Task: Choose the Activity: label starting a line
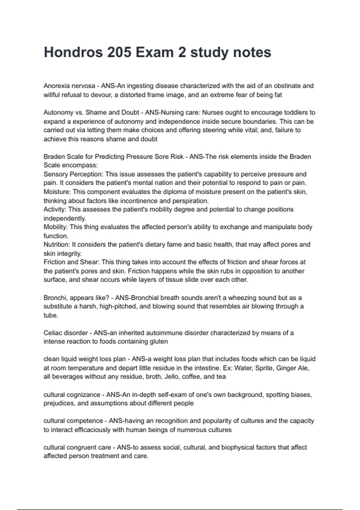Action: tap(55, 209)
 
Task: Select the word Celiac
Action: tap(52, 333)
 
